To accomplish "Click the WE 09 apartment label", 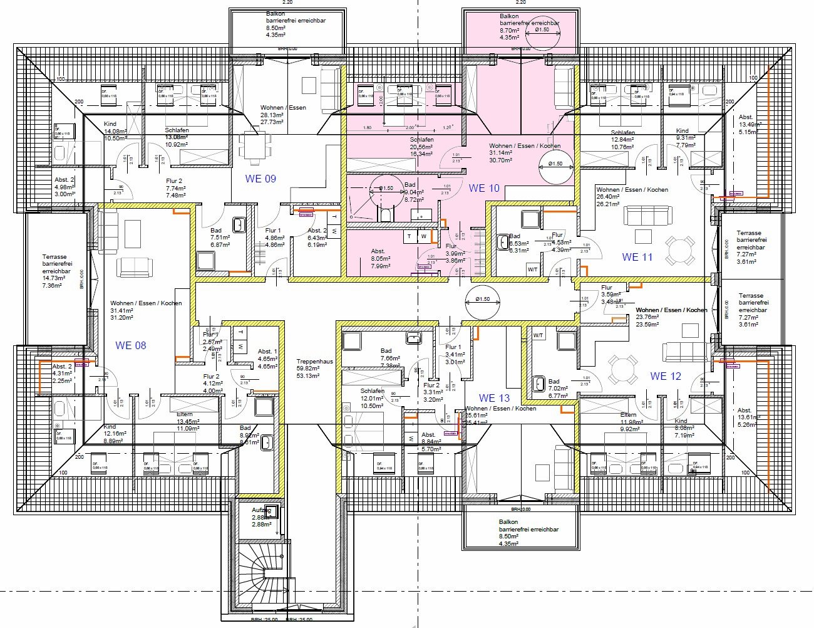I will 260,179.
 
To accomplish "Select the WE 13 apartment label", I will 494,398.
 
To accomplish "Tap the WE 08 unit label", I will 130,345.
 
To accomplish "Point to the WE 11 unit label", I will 637,257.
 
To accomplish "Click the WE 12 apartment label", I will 665,376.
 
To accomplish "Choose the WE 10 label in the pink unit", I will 484,188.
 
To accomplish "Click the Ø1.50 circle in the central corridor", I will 482,300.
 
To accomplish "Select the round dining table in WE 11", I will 680,250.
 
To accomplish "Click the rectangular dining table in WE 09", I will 255,148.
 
